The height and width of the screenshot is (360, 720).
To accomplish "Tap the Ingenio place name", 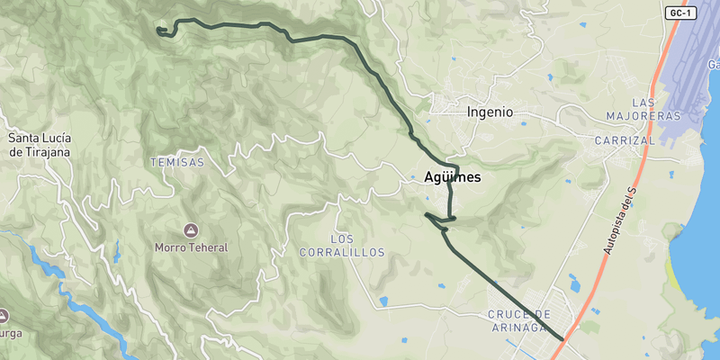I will tap(490, 112).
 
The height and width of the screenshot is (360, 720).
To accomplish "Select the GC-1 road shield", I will tap(681, 13).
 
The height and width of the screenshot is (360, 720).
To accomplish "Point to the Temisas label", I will tap(177, 163).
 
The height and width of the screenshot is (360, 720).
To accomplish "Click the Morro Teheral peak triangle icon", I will tap(190, 230).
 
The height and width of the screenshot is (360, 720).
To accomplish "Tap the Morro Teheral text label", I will tap(191, 247).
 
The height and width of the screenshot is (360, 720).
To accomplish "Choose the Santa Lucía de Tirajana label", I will tap(40, 145).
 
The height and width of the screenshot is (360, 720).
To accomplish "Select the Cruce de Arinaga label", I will tap(517, 320).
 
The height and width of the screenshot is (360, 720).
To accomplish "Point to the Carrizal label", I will tap(625, 141).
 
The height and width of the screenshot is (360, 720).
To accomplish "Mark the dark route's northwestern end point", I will tap(158, 30).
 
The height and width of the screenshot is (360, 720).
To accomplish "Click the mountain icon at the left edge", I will tap(3, 316).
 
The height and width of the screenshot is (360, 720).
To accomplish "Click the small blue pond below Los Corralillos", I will tap(384, 301).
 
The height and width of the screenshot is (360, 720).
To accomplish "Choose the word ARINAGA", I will tap(517, 327).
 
